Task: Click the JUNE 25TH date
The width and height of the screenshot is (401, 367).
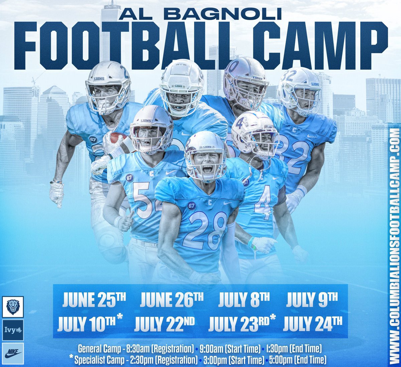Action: pyautogui.click(x=94, y=300)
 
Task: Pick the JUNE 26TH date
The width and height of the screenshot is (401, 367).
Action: pyautogui.click(x=171, y=300)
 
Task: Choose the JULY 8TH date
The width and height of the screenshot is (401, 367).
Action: pyautogui.click(x=244, y=300)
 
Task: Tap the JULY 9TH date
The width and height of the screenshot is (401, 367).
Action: pyautogui.click(x=312, y=300)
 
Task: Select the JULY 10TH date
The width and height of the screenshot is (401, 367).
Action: pyautogui.click(x=90, y=323)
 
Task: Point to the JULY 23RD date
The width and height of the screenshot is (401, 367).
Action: pyautogui.click(x=242, y=323)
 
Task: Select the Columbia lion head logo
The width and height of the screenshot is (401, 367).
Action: pyautogui.click(x=13, y=306)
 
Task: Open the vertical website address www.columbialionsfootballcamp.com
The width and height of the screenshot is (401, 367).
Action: pyautogui.click(x=395, y=243)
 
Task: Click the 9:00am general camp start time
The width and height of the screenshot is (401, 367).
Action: pyautogui.click(x=230, y=349)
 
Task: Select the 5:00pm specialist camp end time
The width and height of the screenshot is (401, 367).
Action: pyautogui.click(x=295, y=360)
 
